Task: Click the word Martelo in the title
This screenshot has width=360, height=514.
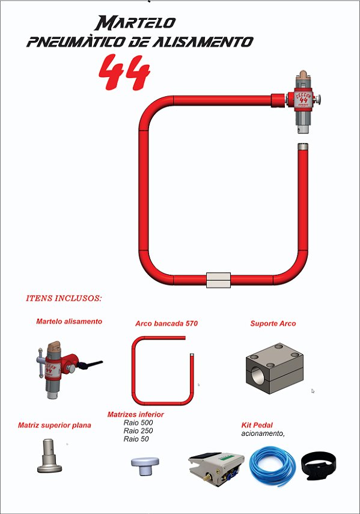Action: click(x=135, y=23)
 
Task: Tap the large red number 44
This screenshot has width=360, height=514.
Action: click(x=124, y=73)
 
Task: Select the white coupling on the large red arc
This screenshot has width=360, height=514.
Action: click(x=219, y=280)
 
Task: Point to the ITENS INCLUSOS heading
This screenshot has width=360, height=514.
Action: click(x=64, y=298)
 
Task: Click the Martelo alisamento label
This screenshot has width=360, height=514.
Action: click(x=69, y=322)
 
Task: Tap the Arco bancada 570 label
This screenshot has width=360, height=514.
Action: click(x=166, y=323)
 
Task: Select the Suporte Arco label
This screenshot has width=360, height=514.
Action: click(x=273, y=323)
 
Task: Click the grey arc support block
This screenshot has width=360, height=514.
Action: click(x=275, y=369)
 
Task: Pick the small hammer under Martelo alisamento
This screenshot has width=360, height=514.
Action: click(x=69, y=369)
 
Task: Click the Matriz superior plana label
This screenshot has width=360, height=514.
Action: click(x=54, y=425)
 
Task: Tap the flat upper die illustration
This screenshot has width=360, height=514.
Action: click(x=49, y=455)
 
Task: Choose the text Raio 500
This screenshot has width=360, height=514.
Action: click(x=138, y=423)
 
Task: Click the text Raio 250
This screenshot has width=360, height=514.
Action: click(x=138, y=430)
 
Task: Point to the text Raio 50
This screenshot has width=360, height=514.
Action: click(x=136, y=439)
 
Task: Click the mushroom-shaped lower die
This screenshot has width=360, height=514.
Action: click(x=145, y=465)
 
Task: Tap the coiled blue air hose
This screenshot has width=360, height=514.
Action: click(x=272, y=467)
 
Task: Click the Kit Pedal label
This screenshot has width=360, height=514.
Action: click(x=257, y=425)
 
